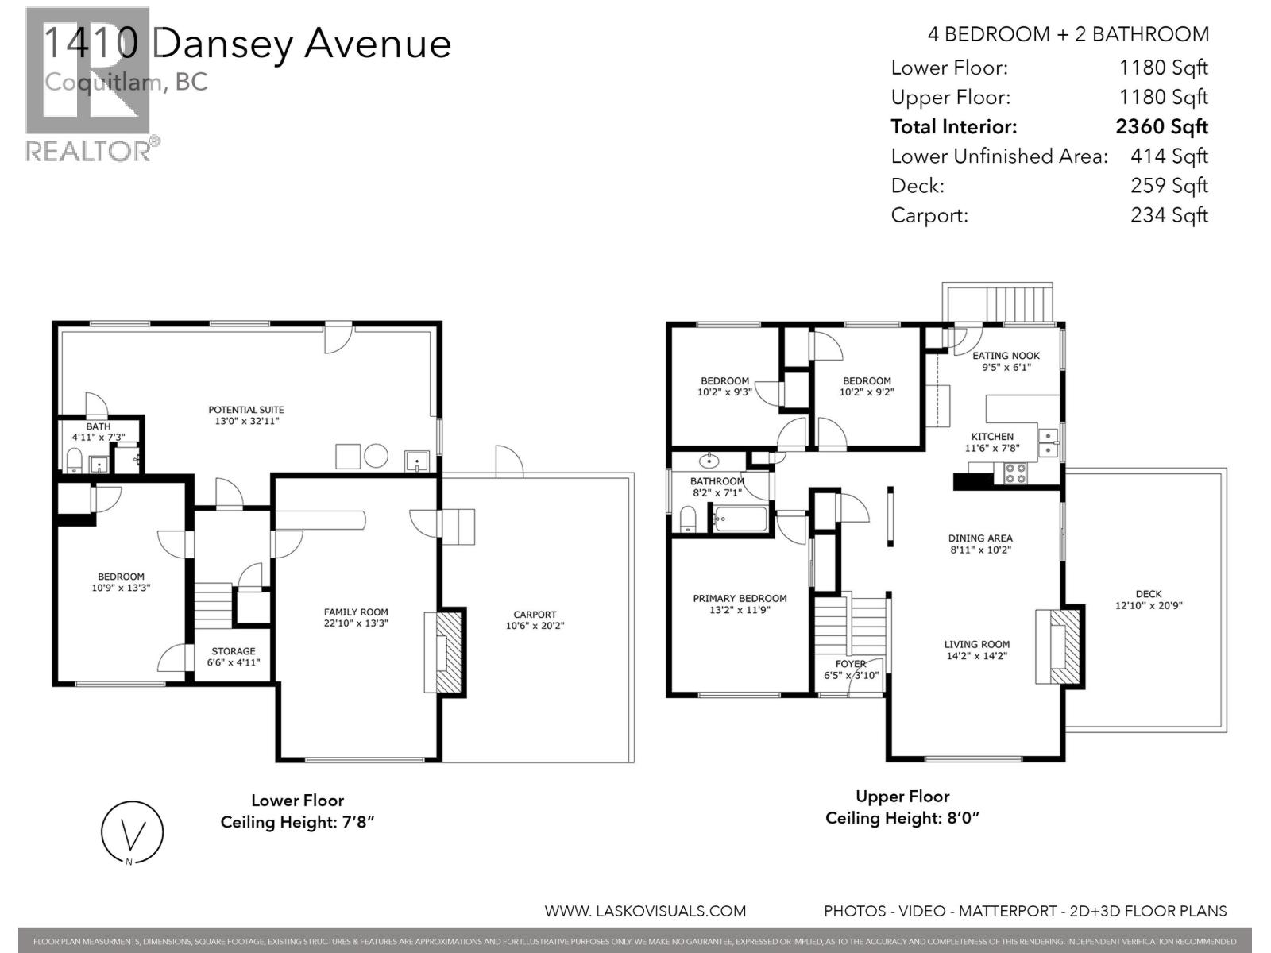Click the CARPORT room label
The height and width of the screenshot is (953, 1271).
535,615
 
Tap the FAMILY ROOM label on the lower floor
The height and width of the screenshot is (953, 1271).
356,612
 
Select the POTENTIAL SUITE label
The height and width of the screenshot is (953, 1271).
246,410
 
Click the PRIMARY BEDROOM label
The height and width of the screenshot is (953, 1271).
740,599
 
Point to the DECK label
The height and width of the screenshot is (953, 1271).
1148,594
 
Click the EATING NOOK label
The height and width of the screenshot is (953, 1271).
1006,356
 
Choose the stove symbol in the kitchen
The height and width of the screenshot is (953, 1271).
1015,473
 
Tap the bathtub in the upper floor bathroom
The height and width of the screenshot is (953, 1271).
740,520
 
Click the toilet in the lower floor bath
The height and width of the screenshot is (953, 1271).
74,460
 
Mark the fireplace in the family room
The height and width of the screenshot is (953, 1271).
446,651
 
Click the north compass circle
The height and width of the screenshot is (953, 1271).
133,831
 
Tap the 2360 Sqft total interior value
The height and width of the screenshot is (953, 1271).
1161,127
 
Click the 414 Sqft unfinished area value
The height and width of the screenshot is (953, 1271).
1169,156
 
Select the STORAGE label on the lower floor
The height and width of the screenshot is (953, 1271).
233,651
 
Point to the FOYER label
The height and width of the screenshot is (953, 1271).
850,664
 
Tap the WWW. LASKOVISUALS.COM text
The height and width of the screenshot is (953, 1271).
645,912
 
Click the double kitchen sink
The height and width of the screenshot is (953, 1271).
1049,442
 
